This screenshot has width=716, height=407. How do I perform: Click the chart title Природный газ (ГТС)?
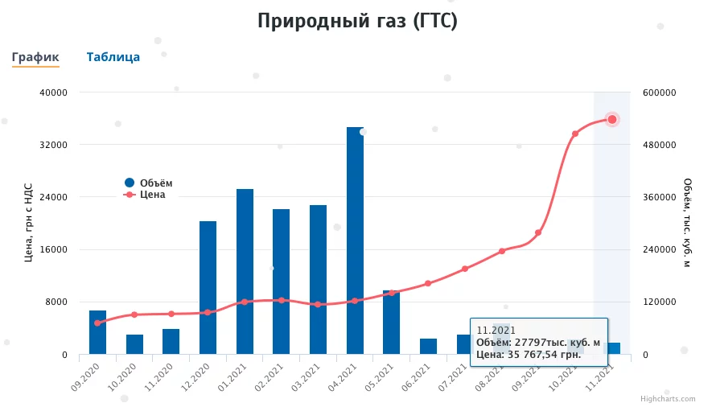click(x=357, y=21)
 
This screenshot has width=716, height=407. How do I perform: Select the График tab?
click(x=35, y=57)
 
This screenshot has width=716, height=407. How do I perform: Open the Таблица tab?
click(x=113, y=57)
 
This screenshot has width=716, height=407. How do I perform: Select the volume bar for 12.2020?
click(x=208, y=287)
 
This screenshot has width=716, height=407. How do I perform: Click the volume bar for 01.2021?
click(x=245, y=271)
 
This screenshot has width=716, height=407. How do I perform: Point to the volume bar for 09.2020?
click(x=97, y=332)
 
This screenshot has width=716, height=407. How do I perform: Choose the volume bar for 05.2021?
click(x=391, y=322)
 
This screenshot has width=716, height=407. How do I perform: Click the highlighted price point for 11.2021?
click(x=612, y=119)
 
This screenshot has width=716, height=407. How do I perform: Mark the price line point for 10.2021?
click(x=575, y=134)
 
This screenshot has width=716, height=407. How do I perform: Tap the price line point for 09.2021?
click(x=538, y=232)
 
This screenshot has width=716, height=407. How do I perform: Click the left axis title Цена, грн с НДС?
click(x=28, y=223)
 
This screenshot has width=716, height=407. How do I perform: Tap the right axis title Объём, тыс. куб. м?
click(x=687, y=223)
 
